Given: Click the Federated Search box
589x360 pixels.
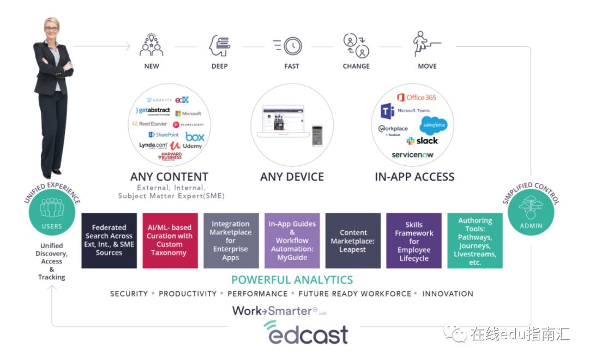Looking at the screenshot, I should [x=109, y=241].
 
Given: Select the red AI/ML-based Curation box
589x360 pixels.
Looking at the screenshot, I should [x=170, y=241].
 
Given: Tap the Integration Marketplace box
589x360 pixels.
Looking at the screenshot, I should [x=231, y=241].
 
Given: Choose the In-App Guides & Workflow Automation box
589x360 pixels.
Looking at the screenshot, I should [x=292, y=241].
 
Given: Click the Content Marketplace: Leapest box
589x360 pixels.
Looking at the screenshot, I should [x=353, y=241].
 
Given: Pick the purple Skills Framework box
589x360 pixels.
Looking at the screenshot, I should [x=414, y=241].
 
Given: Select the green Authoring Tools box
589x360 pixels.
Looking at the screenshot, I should [x=475, y=241].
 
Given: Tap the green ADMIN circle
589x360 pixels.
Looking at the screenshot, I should [x=531, y=213].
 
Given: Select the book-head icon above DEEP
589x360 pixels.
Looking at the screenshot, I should [x=219, y=46].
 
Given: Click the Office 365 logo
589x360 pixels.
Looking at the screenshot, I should [x=417, y=98].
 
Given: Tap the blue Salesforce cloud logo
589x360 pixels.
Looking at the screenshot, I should [x=433, y=125].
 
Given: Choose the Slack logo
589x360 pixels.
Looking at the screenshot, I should [x=422, y=141].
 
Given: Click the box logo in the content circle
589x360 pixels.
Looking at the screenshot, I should [x=195, y=136].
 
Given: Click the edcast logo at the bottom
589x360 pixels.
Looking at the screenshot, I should [x=306, y=332].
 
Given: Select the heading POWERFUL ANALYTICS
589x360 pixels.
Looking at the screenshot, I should [x=292, y=280].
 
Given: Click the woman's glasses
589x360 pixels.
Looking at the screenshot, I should [x=51, y=28].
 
